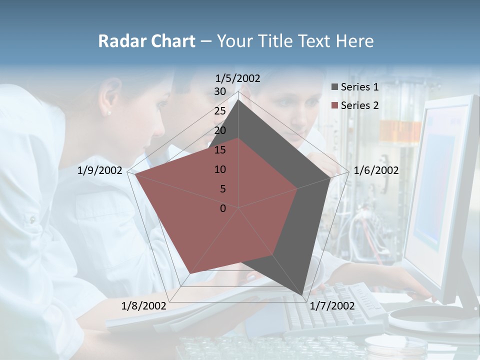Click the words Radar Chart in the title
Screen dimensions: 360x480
pos(146,41)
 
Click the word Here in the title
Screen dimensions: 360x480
pos(355,41)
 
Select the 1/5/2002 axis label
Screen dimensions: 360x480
pos(238,78)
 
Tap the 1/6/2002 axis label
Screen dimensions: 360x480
pos(376,170)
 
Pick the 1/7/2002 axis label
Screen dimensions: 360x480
pos(332,305)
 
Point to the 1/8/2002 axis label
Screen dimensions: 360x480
pos(144,305)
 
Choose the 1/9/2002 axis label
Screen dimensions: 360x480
pos(100,170)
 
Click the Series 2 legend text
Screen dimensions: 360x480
pos(359,105)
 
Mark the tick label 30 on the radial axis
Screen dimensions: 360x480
pos(220,91)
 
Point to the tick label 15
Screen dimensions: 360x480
pos(220,150)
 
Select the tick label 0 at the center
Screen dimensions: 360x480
pos(223,208)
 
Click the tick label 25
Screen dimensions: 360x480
pos(220,111)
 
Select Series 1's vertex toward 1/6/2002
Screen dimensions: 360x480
pos(330,178)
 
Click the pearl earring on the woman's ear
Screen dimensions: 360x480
pos(109,113)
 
